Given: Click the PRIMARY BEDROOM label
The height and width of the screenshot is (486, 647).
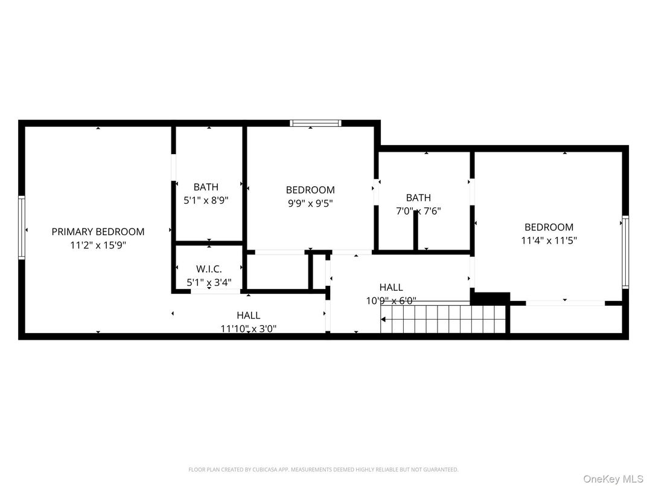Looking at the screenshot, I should [x=98, y=232].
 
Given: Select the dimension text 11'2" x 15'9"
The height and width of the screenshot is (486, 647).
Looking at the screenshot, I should [x=98, y=245].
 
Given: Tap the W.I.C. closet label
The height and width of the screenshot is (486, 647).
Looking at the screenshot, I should [x=209, y=269].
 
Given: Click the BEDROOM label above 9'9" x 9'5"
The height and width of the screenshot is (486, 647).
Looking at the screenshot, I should [x=310, y=190].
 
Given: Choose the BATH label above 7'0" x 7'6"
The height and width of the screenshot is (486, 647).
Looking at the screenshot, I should [x=418, y=198].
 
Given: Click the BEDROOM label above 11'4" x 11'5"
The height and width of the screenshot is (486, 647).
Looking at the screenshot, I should [x=549, y=227].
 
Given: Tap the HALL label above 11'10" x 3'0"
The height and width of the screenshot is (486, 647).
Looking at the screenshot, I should [x=248, y=315].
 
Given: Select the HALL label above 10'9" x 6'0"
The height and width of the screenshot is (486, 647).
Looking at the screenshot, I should [x=391, y=287].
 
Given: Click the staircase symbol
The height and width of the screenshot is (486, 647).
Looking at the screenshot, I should [x=444, y=319].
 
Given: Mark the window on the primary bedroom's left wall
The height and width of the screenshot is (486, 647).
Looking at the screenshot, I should [x=22, y=227].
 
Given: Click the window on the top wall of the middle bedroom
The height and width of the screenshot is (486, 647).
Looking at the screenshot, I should [x=315, y=123].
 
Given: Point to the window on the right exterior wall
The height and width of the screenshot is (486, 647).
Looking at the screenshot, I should [x=625, y=252].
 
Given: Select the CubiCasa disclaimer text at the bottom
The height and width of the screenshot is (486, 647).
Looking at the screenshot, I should [x=323, y=469].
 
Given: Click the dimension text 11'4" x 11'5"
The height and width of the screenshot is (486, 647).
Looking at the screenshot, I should [x=549, y=241].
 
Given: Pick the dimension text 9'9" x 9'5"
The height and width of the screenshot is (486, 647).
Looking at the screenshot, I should [x=310, y=203].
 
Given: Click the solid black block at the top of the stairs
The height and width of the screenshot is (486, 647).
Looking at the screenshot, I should [x=489, y=297].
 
